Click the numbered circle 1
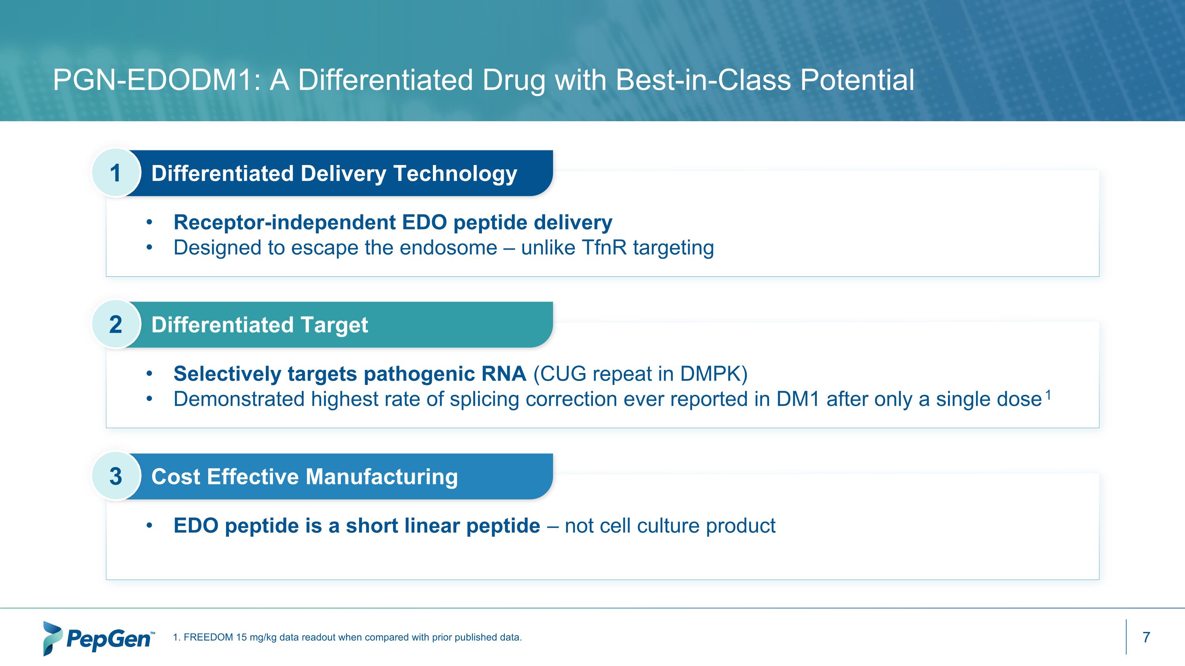tap(115, 173)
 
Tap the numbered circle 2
tap(115, 325)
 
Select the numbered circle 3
tap(115, 476)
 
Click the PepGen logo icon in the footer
tap(53, 638)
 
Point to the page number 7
tap(1146, 638)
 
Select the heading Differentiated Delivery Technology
tap(334, 174)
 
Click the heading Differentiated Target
tap(260, 325)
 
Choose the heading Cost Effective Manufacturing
tap(305, 477)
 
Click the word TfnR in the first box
tap(604, 248)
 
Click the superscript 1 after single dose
tap(1048, 394)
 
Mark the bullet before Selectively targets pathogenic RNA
tap(149, 374)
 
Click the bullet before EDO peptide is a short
tap(149, 526)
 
